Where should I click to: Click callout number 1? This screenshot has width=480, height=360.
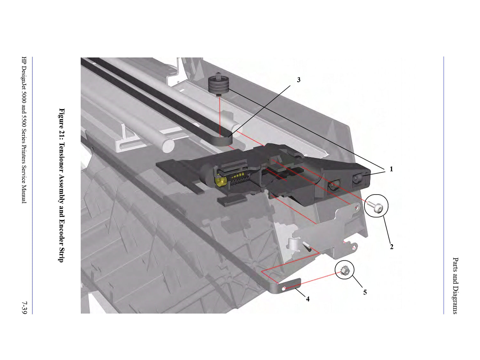pyautogui.click(x=391, y=169)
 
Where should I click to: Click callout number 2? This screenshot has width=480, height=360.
pyautogui.click(x=391, y=247)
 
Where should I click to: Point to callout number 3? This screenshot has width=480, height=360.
pyautogui.click(x=299, y=80)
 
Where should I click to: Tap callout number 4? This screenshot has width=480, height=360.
pyautogui.click(x=308, y=299)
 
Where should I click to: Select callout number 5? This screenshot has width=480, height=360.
pyautogui.click(x=365, y=292)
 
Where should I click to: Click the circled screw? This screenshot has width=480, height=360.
pyautogui.click(x=375, y=206)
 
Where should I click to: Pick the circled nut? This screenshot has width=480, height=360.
pyautogui.click(x=345, y=271)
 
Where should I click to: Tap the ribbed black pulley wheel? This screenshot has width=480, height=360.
pyautogui.click(x=219, y=84)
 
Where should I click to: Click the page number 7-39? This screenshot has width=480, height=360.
pyautogui.click(x=24, y=308)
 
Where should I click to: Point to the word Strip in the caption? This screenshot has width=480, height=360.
pyautogui.click(x=62, y=254)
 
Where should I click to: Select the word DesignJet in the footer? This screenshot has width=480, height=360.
pyautogui.click(x=24, y=81)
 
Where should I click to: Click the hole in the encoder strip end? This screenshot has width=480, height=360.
pyautogui.click(x=284, y=289)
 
